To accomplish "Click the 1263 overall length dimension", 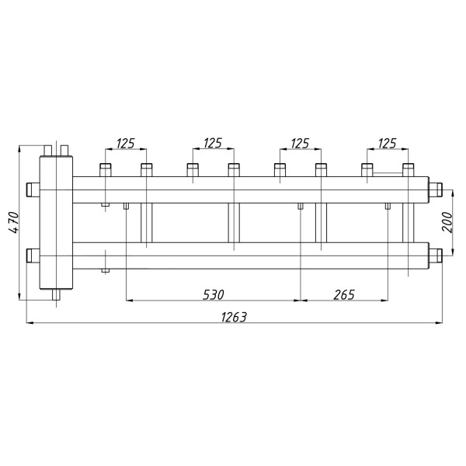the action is [x=234, y=318].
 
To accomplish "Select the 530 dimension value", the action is [x=214, y=295].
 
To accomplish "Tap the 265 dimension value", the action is [x=344, y=295].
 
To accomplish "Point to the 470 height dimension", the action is [x=14, y=222].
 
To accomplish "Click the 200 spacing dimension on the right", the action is [x=447, y=222].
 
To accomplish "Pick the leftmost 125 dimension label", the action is [x=125, y=144].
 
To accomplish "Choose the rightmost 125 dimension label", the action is [x=388, y=144].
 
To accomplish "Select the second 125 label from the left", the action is [x=213, y=144].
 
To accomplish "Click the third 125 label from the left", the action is [x=300, y=144].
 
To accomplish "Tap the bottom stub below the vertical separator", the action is [x=56, y=295].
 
